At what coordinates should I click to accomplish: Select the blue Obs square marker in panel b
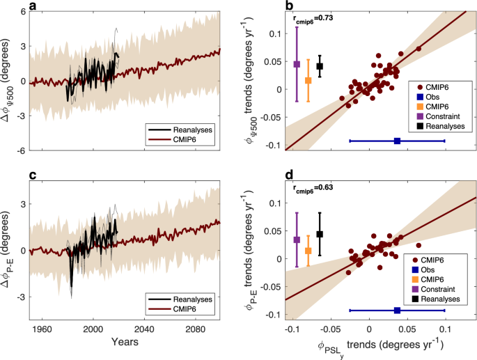click(x=397, y=141)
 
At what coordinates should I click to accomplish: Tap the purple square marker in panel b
click(x=297, y=64)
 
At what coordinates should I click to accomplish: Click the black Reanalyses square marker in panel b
click(x=320, y=66)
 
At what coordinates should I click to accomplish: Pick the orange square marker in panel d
click(x=308, y=251)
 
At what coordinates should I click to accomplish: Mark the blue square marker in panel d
click(x=397, y=310)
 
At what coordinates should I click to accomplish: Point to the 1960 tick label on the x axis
click(x=42, y=330)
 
